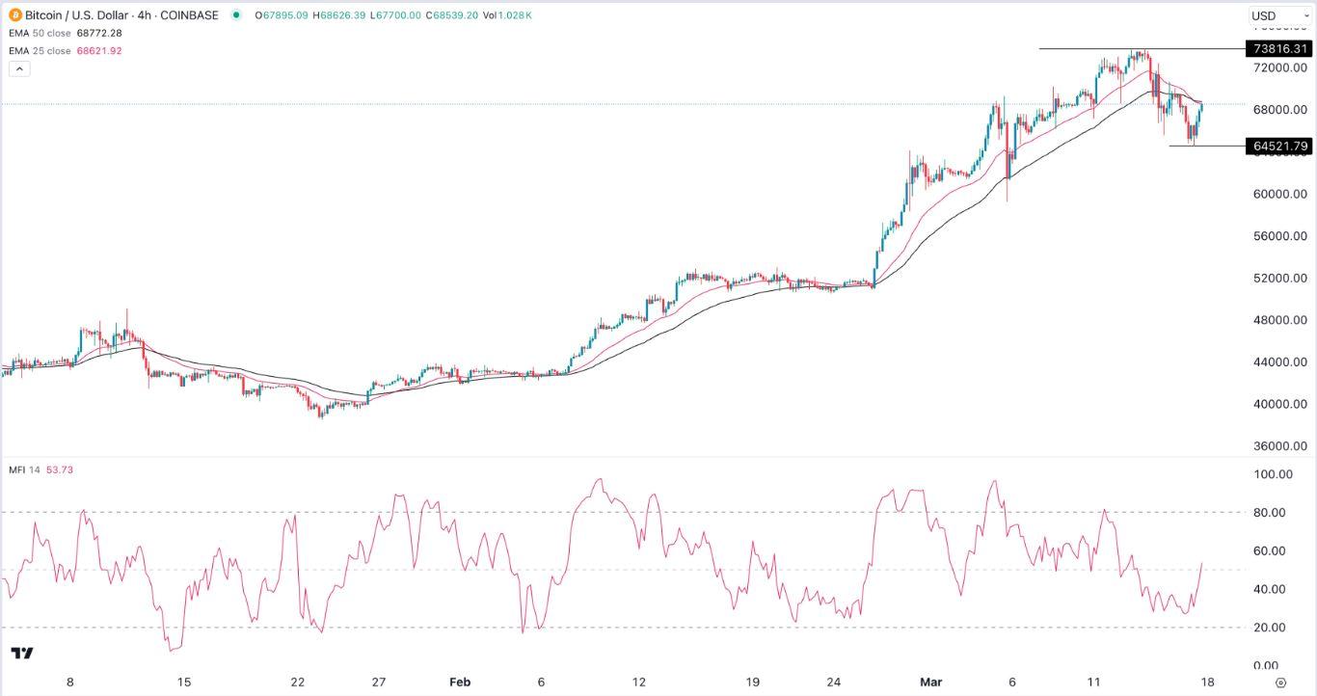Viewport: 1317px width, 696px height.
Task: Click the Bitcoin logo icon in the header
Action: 15,15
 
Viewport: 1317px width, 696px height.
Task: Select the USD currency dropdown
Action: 1278,15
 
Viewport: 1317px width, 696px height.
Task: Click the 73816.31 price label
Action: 1278,49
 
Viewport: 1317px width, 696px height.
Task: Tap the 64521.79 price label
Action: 1278,147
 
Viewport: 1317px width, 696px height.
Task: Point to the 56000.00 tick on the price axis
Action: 1279,236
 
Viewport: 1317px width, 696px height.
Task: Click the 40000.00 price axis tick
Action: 1279,404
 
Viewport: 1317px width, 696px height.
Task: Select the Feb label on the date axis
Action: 460,683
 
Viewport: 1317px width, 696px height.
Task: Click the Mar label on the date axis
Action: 929,683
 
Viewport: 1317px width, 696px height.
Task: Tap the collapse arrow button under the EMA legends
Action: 20,69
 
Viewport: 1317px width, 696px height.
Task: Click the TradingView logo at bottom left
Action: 22,653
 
